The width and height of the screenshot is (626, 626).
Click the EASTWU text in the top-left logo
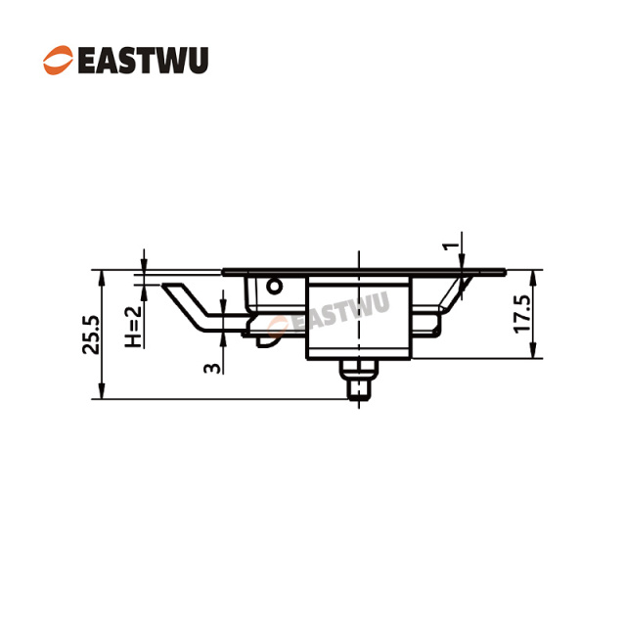pos(142,60)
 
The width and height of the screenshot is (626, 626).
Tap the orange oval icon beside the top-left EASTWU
pos(57,60)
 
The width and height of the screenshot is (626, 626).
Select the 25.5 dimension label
pos(91,335)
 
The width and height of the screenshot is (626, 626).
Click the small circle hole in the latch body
pos(275,286)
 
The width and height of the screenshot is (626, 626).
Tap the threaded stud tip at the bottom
pos(360,391)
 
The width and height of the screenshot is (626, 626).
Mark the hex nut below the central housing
pos(360,370)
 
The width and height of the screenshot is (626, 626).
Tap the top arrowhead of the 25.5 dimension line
pos(100,275)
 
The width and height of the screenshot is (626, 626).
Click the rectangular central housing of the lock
pos(359,318)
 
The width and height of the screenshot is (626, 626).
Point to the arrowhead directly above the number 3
pos(223,337)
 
